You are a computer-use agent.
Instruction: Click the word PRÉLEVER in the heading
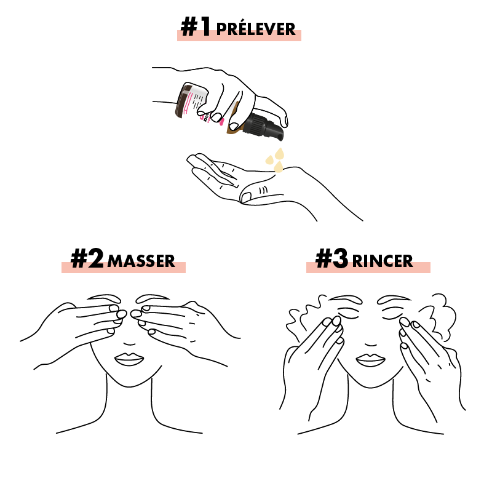pyautogui.click(x=256, y=29)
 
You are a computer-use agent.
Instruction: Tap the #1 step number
pyautogui.click(x=196, y=27)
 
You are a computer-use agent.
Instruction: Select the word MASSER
pyautogui.click(x=141, y=261)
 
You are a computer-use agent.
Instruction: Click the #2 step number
pyautogui.click(x=87, y=258)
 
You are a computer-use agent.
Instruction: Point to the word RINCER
pyautogui.click(x=383, y=261)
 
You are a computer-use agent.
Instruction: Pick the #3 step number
pyautogui.click(x=331, y=258)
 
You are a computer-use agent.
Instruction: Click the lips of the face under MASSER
pyautogui.click(x=129, y=359)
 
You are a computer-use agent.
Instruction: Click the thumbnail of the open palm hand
pyautogui.click(x=245, y=197)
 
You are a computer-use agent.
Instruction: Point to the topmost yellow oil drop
pyautogui.click(x=279, y=153)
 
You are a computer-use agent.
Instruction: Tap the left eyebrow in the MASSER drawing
pyautogui.click(x=104, y=298)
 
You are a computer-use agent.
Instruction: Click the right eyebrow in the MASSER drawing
pyautogui.click(x=153, y=298)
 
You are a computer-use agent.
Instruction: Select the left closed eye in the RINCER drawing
pyautogui.click(x=348, y=314)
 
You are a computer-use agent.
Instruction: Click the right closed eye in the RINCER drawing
pyautogui.click(x=392, y=314)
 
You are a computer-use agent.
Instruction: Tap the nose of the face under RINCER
pyautogui.click(x=371, y=343)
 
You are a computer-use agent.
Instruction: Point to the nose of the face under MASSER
pyautogui.click(x=129, y=343)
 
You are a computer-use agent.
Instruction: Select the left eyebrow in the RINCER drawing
pyautogui.click(x=346, y=298)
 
